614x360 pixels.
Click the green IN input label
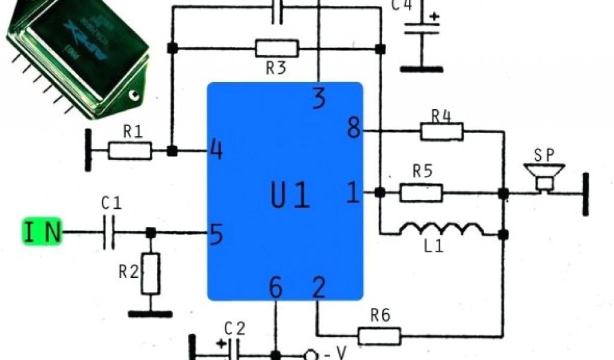click(x=43, y=232)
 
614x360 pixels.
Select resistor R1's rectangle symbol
click(x=130, y=151)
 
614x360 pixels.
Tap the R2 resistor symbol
click(x=151, y=273)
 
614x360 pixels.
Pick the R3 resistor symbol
click(x=276, y=48)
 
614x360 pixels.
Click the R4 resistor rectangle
click(x=442, y=131)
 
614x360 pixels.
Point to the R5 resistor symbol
click(x=422, y=193)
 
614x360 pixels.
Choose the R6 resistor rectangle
click(x=380, y=335)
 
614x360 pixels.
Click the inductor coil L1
click(x=443, y=230)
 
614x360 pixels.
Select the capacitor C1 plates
click(x=109, y=232)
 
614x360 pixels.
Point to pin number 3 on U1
click(x=320, y=99)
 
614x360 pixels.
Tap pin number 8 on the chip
click(x=354, y=128)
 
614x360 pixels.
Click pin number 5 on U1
click(x=216, y=235)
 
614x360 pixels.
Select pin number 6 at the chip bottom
click(x=275, y=289)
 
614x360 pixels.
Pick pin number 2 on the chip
click(x=319, y=289)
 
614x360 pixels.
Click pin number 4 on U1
click(x=216, y=150)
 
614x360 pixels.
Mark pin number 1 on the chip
click(x=354, y=193)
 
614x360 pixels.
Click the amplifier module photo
click(x=78, y=57)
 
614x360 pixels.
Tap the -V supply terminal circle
click(x=311, y=355)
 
